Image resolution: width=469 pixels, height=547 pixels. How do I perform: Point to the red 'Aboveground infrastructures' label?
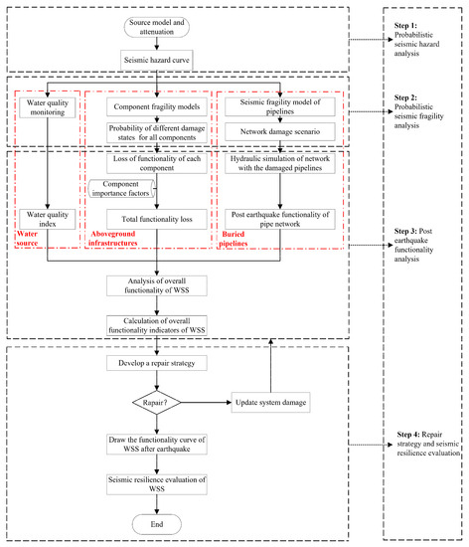pyautogui.click(x=117, y=240)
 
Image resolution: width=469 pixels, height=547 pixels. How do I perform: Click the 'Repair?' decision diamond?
pyautogui.click(x=159, y=404)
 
